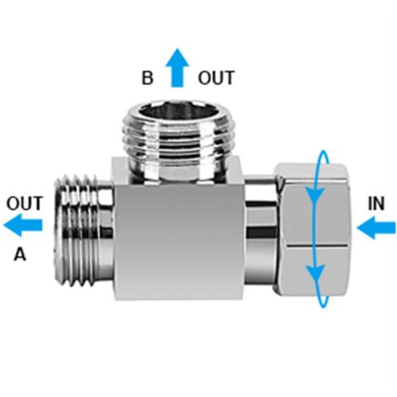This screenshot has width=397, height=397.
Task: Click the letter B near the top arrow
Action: pos(147,78)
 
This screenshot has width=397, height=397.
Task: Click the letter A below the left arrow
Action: pos(20,254)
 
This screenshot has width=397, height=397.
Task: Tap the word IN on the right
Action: pos(376,204)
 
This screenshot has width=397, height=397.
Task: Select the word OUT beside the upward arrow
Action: pos(216,78)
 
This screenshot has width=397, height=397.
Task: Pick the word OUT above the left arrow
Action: pos(24,204)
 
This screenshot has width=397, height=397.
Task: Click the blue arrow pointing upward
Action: pos(177,68)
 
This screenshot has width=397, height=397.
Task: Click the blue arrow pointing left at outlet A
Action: pos(23,225)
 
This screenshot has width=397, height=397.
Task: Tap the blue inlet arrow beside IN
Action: pos(376,227)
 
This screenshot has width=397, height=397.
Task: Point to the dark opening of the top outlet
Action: pos(178,112)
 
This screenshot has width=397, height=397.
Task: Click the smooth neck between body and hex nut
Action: pos(260,230)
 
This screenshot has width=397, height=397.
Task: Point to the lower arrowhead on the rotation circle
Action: pos(315,274)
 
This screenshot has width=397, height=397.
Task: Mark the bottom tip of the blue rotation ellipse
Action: pos(324,307)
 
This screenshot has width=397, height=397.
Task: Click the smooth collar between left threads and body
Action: pos(106,231)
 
